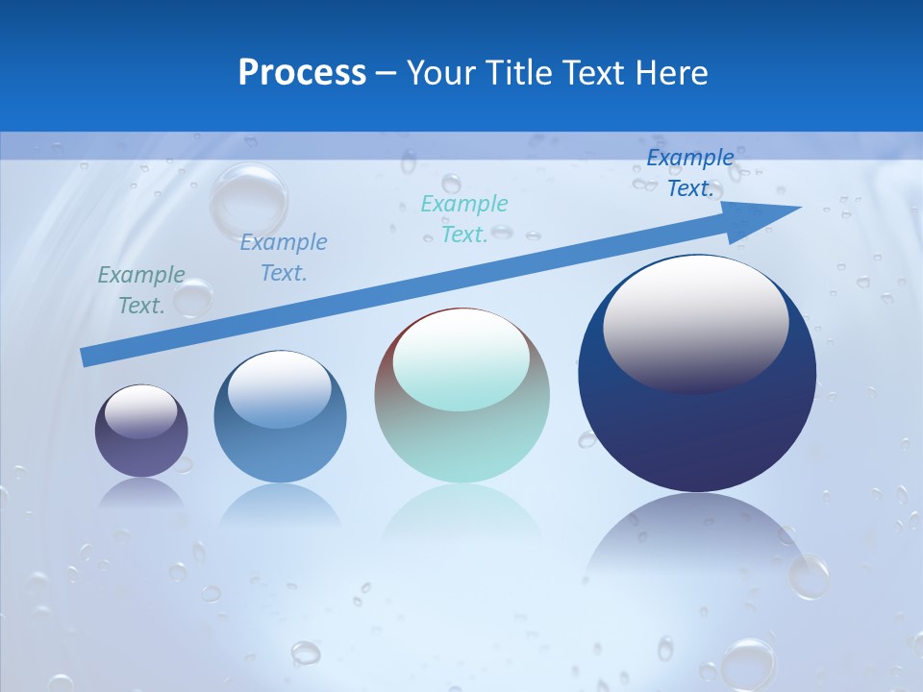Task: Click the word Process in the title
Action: pyautogui.click(x=302, y=73)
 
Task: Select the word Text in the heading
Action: pyautogui.click(x=599, y=73)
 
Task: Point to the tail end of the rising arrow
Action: pyautogui.click(x=87, y=358)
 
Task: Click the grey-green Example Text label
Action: pyautogui.click(x=141, y=290)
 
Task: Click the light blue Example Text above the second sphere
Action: pyautogui.click(x=284, y=258)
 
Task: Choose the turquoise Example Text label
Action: pyautogui.click(x=464, y=219)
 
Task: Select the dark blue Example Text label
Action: pyautogui.click(x=690, y=173)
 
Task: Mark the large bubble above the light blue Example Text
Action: pyautogui.click(x=249, y=199)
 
